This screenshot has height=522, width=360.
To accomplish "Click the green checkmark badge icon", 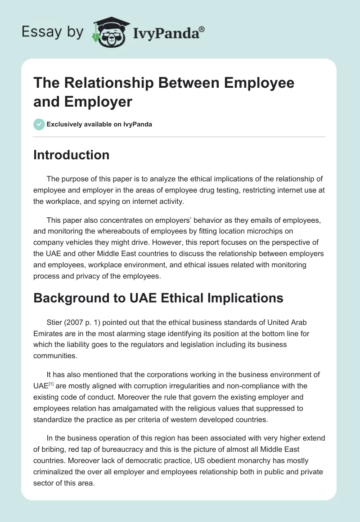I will pos(39,124).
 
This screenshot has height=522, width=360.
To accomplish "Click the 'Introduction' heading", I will pos(72,155).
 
